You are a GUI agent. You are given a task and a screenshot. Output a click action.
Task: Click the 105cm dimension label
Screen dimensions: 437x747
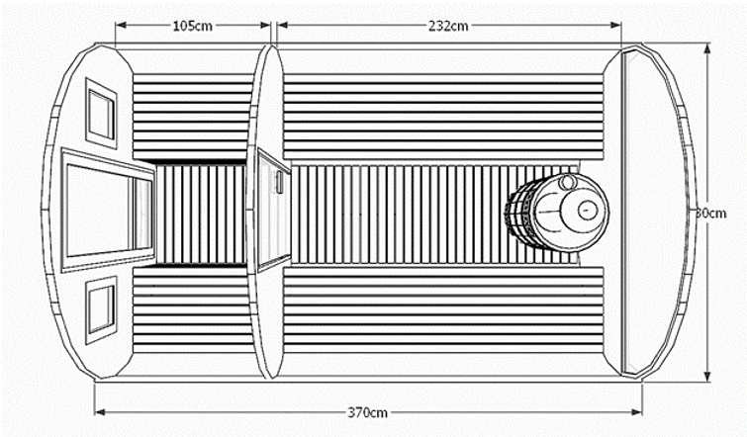pos(192,25)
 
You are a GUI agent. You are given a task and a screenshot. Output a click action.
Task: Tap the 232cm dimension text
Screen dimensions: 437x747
pos(448,25)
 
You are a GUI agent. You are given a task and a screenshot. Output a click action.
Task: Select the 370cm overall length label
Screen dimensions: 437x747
pos(368,412)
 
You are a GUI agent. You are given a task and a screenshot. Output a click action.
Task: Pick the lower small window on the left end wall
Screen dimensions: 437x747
pos(101,307)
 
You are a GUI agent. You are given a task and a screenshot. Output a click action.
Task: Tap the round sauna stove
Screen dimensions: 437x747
pos(556,214)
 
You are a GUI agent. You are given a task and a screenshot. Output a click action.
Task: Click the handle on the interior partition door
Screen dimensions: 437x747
pos(280,182)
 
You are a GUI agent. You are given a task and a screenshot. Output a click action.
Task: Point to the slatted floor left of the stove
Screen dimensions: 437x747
pos(396,214)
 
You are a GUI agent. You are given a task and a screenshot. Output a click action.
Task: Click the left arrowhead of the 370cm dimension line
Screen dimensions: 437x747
pos(99,412)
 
